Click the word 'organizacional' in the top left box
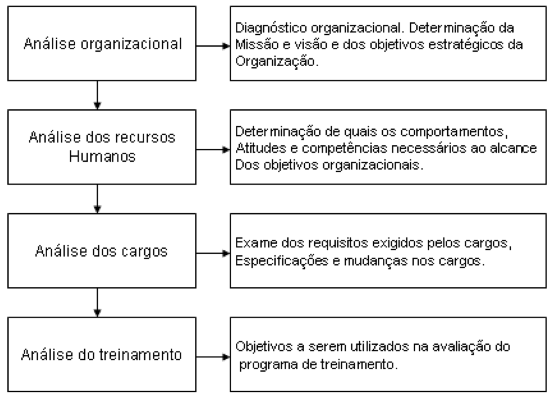click(131, 45)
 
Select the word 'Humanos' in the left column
click(102, 157)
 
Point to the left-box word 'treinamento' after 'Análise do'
click(141, 355)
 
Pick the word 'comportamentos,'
click(454, 132)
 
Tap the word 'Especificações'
click(282, 261)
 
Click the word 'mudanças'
click(376, 261)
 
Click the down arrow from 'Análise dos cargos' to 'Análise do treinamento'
click(97, 303)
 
